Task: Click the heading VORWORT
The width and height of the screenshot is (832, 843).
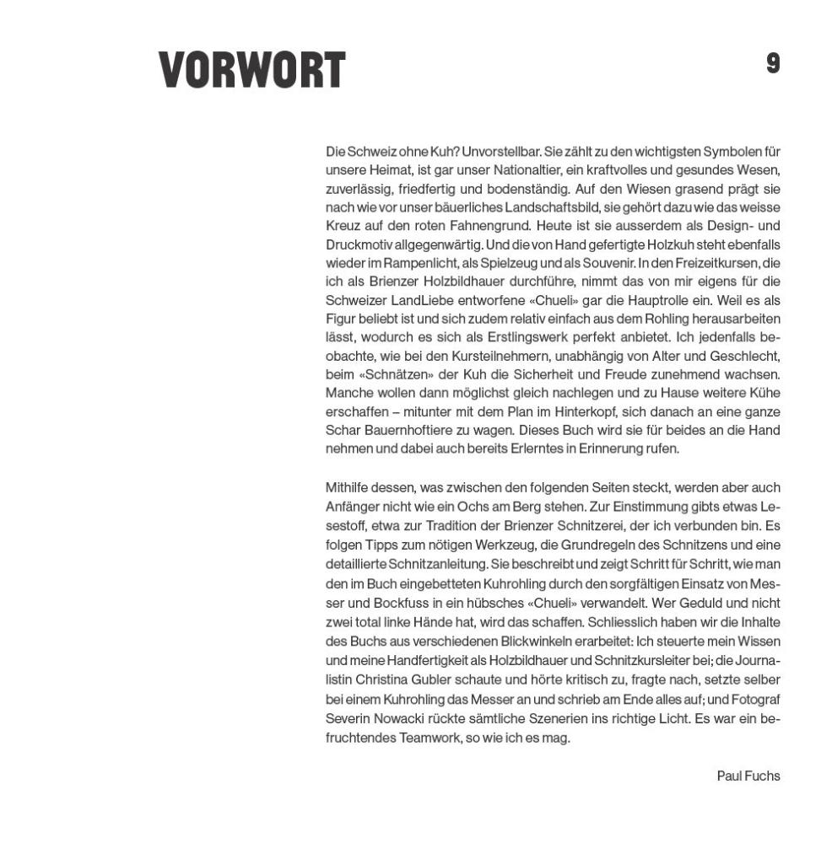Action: tap(251, 70)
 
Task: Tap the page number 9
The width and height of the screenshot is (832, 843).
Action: tap(772, 63)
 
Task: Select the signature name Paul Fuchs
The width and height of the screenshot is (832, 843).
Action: tap(748, 776)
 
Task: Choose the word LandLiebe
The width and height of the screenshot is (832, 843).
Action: tap(422, 300)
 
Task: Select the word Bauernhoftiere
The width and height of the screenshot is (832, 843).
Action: tap(403, 430)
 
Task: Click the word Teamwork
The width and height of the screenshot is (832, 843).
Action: tap(430, 738)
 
